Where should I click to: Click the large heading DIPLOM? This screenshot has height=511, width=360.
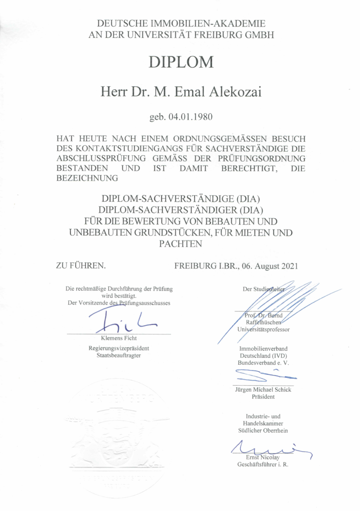click(x=181, y=62)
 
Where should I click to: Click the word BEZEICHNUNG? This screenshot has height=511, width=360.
click(x=87, y=177)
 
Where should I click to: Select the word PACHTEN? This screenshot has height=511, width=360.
click(x=180, y=244)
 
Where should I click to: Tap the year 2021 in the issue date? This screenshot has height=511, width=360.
click(x=288, y=265)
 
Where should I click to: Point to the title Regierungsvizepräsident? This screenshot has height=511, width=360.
click(x=118, y=348)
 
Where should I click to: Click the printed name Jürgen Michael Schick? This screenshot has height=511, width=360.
click(x=263, y=390)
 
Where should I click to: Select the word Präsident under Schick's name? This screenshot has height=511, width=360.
click(x=263, y=397)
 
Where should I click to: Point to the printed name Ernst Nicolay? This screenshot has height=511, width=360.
click(x=263, y=457)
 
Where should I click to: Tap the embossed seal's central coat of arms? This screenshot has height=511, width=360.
click(x=118, y=439)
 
